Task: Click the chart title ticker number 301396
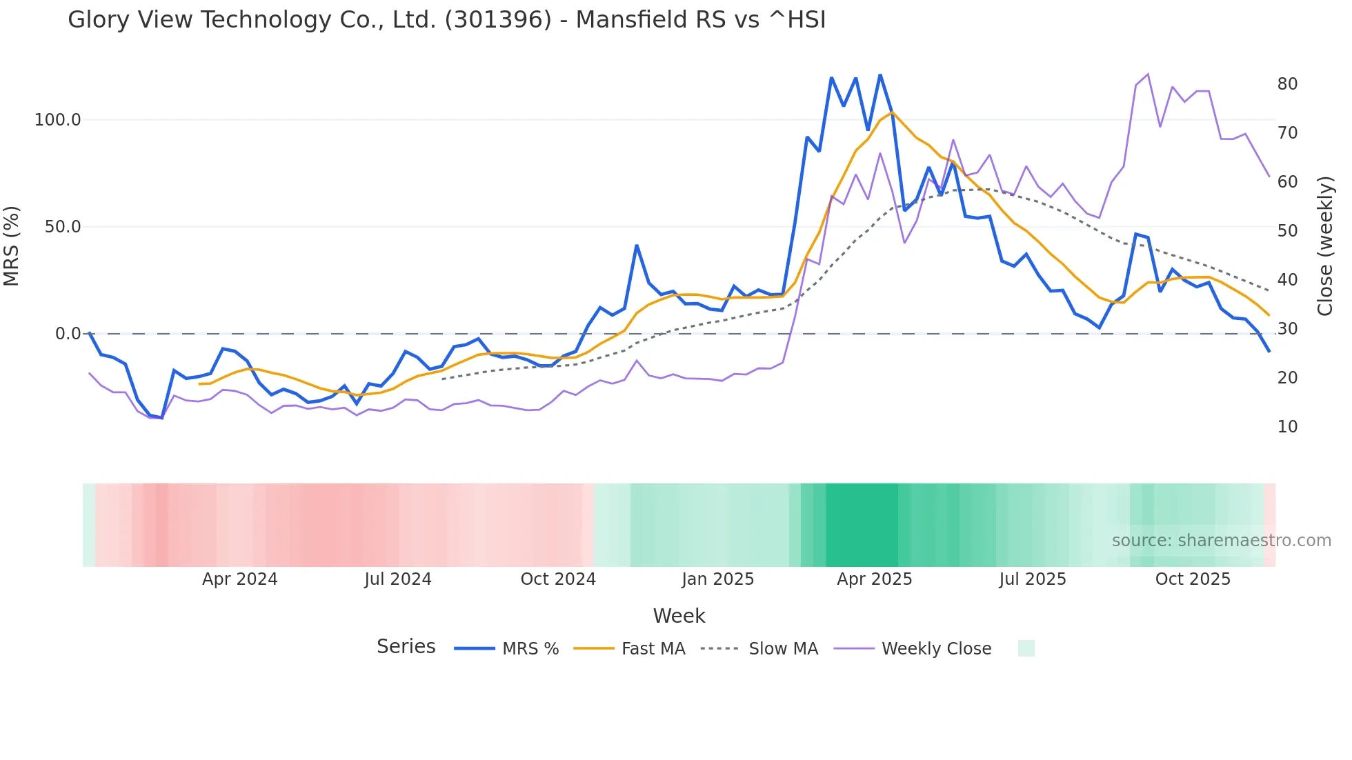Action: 498,20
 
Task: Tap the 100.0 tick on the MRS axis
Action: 57,120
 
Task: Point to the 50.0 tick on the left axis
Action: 62,227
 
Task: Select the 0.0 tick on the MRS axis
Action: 68,334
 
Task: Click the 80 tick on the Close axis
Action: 1287,84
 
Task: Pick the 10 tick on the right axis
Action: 1287,427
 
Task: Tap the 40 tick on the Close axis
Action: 1287,280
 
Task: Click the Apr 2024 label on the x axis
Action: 239,579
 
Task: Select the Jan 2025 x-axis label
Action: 717,579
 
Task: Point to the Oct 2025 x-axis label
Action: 1193,579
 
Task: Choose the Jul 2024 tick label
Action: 398,579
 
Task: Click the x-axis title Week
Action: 679,616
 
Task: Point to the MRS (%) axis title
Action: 12,246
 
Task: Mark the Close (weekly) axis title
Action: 1325,246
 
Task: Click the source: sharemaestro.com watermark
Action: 1221,541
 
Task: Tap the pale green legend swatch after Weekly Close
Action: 1026,648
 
